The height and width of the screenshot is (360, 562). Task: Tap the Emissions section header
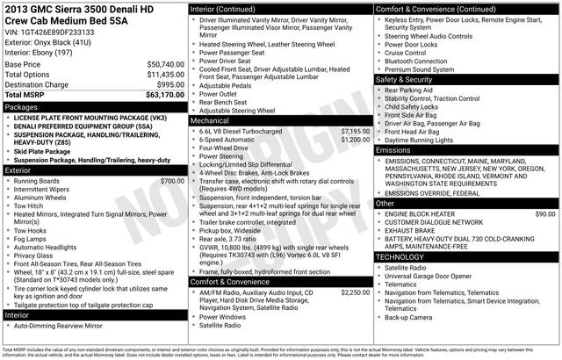point(394,151)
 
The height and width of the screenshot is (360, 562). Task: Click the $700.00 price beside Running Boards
point(172,181)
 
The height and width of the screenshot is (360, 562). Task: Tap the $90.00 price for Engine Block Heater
point(544,213)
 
